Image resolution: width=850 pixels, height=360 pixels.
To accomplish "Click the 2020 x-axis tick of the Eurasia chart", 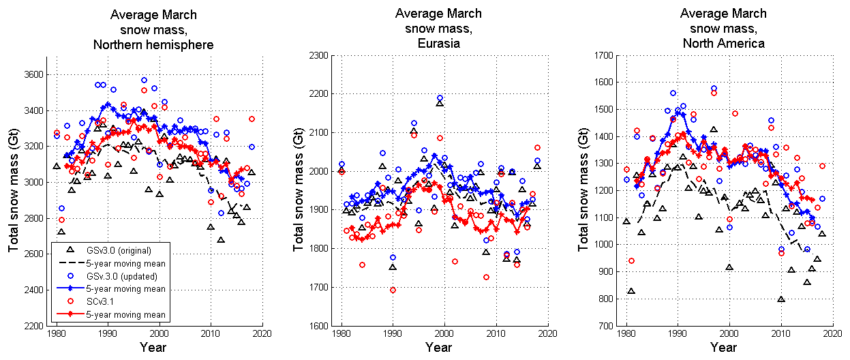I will click(547, 334).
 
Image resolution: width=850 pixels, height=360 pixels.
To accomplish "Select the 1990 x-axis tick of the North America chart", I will click(678, 334).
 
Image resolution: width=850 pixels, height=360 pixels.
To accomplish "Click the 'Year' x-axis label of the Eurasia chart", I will click(444, 348).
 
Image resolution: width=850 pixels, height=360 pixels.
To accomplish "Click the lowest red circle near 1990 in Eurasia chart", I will click(393, 290).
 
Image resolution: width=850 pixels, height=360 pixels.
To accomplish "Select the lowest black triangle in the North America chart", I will click(781, 299).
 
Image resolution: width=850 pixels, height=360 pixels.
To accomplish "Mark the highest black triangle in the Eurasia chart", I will click(440, 103).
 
